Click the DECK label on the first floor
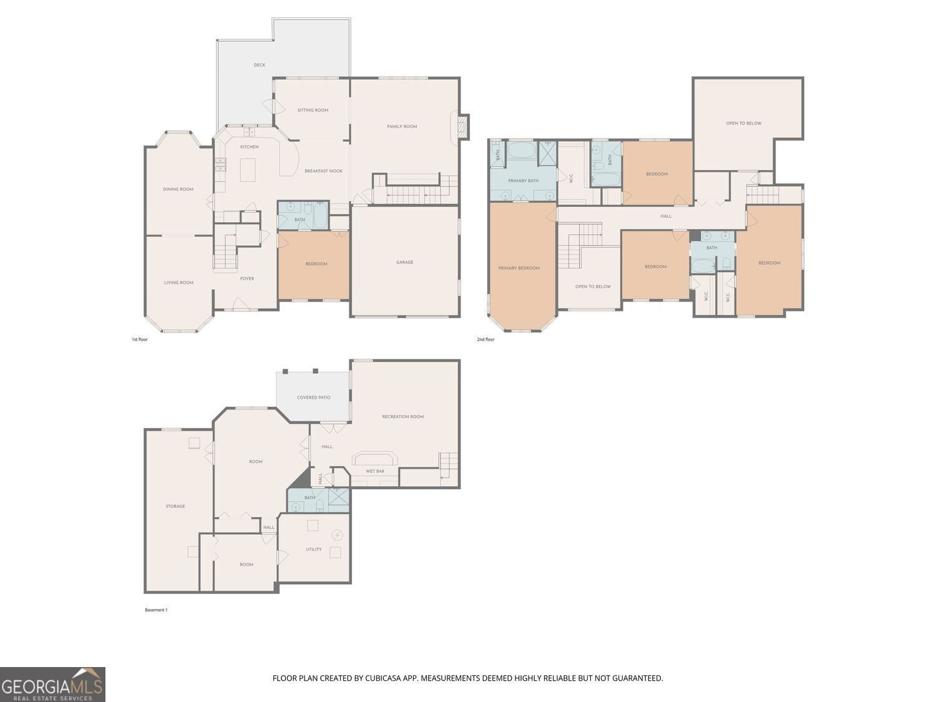[259, 65]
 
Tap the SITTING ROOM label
[313, 110]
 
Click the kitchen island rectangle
[248, 170]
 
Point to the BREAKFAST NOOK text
[323, 171]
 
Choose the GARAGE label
[404, 262]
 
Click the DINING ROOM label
[178, 189]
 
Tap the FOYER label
[247, 279]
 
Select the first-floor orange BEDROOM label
[316, 264]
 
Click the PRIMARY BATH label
[523, 181]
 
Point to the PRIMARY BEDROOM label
[519, 268]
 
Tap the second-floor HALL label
[666, 216]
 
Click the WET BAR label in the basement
[375, 471]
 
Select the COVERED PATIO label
[313, 397]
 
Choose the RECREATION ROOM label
[402, 416]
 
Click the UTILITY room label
[313, 549]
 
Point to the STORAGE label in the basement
[175, 506]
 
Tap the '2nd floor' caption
[485, 339]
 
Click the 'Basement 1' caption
[156, 610]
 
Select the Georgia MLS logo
[52, 685]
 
